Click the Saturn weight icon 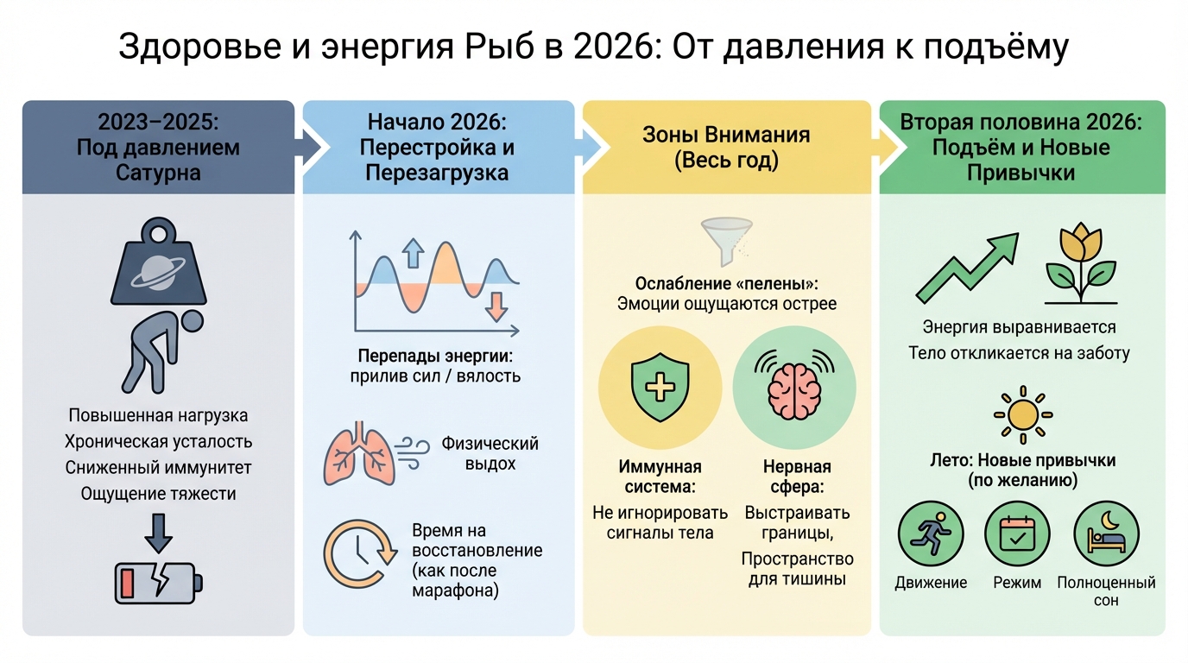[x=159, y=263]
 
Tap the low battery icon [x=159, y=581]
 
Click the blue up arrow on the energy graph [x=414, y=253]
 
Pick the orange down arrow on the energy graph [x=495, y=306]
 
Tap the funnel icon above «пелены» [x=723, y=238]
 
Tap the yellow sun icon [x=1022, y=415]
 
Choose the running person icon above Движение [x=931, y=534]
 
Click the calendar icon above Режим [x=1017, y=534]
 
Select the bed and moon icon [x=1106, y=534]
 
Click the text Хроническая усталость [x=159, y=442]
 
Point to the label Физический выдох [x=490, y=453]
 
